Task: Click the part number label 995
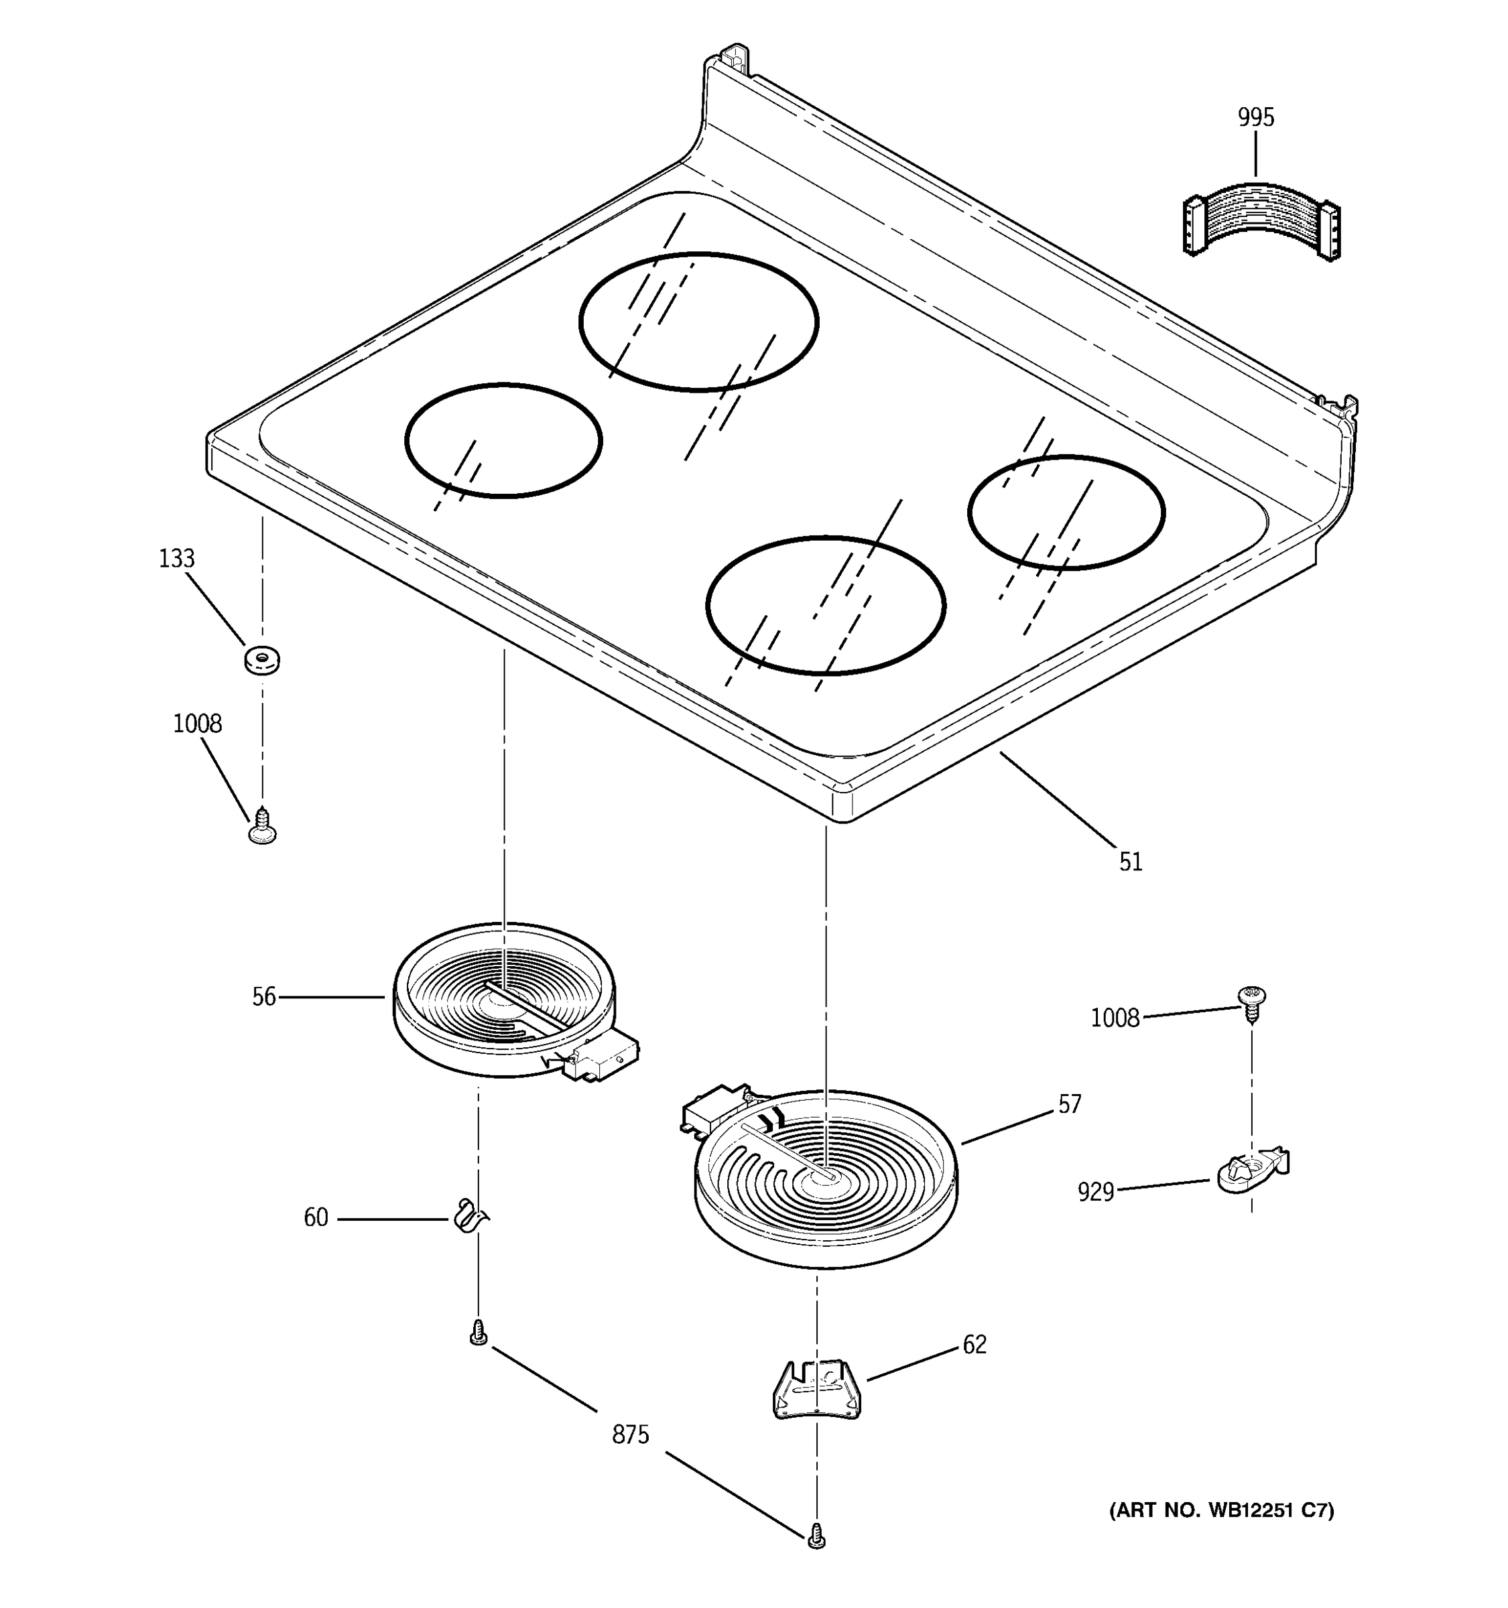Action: point(1255,118)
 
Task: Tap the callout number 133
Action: point(176,559)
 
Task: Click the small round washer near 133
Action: point(262,659)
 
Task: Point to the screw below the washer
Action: point(262,827)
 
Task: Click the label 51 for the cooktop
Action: point(1131,862)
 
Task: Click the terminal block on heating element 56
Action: point(603,1058)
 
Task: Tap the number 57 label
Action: point(1070,1105)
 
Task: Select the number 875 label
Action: point(630,1435)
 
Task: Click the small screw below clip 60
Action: point(478,1333)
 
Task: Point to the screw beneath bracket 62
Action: point(816,1535)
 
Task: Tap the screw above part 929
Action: point(1251,1003)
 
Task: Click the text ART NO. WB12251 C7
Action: point(1220,1510)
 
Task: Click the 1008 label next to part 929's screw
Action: point(1115,1018)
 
